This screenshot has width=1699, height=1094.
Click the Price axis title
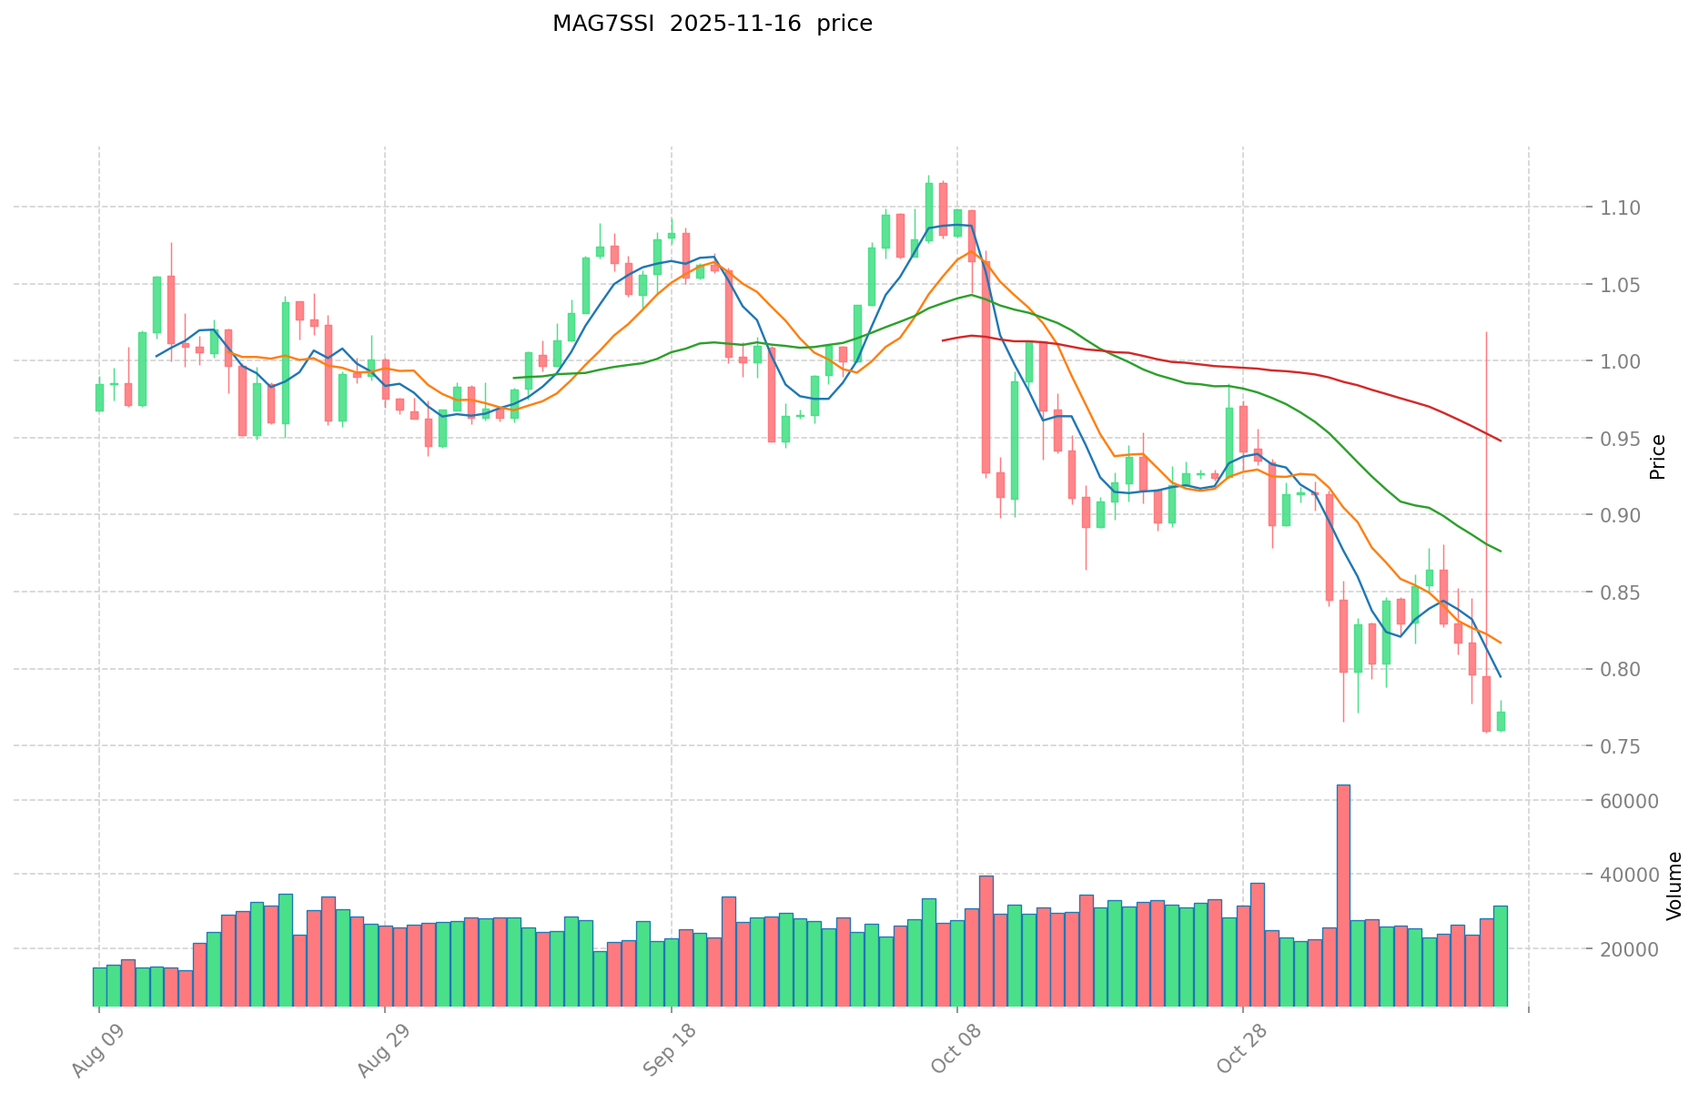coord(1657,457)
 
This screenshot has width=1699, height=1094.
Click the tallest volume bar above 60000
coord(1343,896)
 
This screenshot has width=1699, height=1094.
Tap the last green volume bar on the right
coord(1500,956)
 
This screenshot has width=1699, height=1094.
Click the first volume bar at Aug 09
coord(99,987)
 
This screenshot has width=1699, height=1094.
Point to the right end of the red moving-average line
coord(1500,441)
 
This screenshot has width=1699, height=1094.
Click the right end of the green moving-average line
coord(1500,551)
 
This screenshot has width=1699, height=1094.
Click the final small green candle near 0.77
coord(1501,721)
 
